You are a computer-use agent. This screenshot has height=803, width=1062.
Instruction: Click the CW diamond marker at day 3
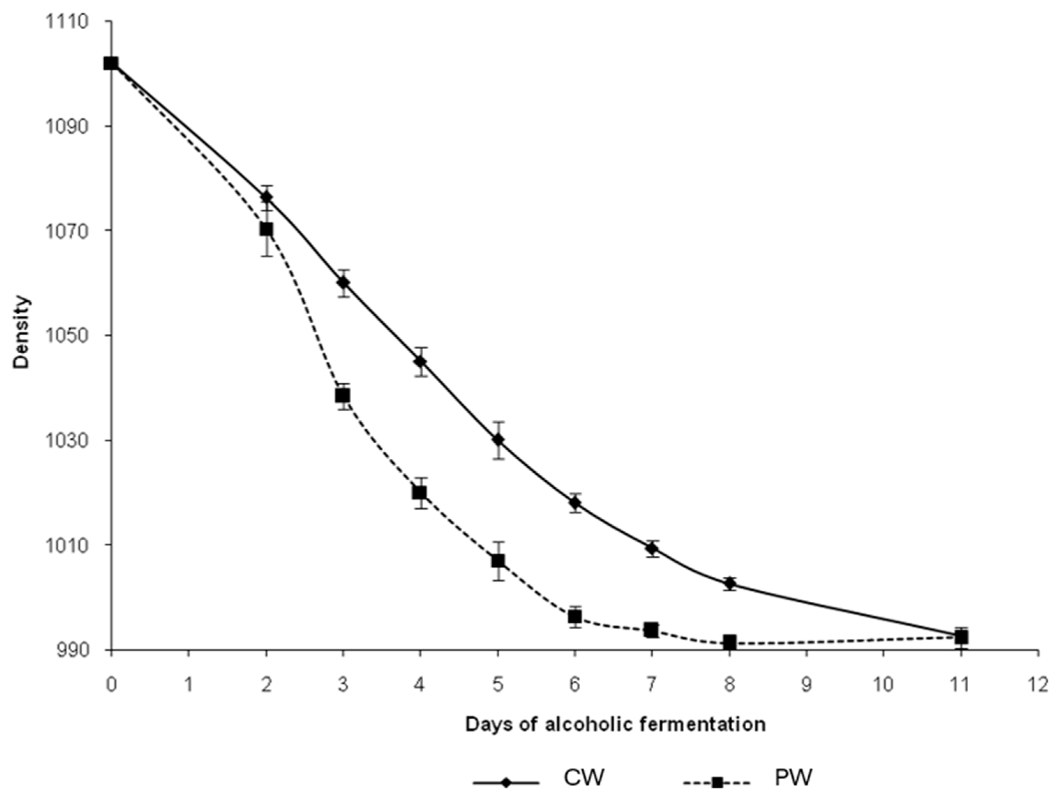343,283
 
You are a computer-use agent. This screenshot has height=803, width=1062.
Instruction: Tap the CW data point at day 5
498,440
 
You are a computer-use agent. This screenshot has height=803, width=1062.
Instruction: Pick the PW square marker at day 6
575,616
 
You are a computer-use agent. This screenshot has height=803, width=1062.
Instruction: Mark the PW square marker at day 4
420,493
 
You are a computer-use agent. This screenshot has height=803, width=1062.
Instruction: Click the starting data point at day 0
111,63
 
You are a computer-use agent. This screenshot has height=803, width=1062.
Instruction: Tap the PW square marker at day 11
961,637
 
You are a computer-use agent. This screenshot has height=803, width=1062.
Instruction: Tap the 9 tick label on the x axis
807,685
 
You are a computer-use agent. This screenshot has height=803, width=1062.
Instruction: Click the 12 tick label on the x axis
1039,685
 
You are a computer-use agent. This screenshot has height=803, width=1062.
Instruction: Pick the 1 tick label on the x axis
189,685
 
